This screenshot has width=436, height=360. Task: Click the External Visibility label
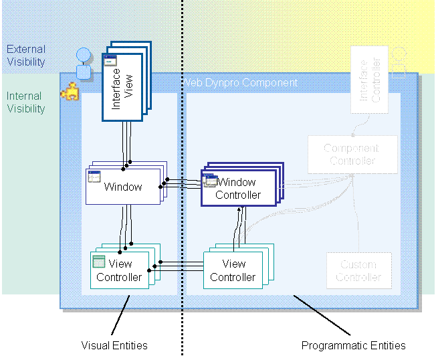[x=26, y=56]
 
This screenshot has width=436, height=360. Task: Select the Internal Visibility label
[x=26, y=102]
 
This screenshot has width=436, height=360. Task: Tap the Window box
[x=123, y=187]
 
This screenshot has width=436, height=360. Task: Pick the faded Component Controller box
[x=351, y=155]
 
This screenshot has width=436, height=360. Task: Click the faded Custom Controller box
[x=358, y=270]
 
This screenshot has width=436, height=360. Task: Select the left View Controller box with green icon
[x=120, y=270]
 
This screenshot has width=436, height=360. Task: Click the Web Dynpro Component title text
[x=241, y=83]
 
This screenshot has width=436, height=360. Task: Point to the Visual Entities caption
[x=114, y=345]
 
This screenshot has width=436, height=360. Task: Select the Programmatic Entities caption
[x=353, y=345]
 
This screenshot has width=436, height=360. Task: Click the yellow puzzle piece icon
[x=69, y=92]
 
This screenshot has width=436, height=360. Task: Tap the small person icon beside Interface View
[x=83, y=63]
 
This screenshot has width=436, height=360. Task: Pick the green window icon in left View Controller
[x=99, y=262]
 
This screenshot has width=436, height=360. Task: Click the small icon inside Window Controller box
[x=211, y=181]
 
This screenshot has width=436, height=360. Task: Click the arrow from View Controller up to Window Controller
[x=239, y=228]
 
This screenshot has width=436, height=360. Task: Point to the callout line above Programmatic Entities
[x=322, y=314]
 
